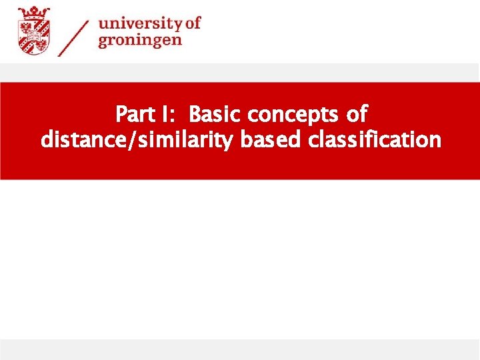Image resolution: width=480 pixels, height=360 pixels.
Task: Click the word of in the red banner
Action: tap(357, 115)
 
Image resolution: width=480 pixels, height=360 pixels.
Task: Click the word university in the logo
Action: tap(140, 24)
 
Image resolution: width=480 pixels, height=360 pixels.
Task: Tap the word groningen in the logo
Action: tap(140, 40)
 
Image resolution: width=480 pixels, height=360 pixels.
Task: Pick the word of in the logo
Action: tap(192, 23)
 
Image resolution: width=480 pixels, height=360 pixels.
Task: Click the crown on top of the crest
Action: tap(33, 11)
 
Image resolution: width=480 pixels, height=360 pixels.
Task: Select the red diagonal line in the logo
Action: tap(73, 37)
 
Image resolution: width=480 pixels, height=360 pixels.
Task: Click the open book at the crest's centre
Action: tap(33, 35)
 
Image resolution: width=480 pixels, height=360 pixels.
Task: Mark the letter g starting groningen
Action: tap(104, 41)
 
